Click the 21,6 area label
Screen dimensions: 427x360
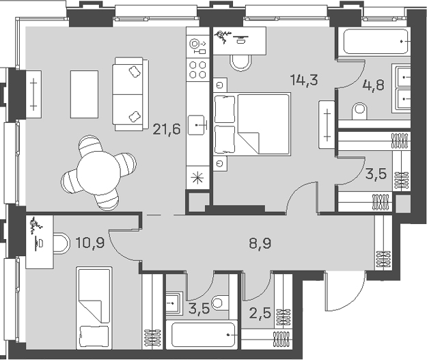(167, 129)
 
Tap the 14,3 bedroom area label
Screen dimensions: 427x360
(304, 80)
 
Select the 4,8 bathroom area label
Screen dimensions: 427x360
(373, 85)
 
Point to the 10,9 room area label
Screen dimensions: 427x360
(90, 243)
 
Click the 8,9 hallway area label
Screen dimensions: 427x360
(260, 243)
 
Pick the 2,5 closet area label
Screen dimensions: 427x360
(260, 313)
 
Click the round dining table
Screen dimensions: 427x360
(98, 173)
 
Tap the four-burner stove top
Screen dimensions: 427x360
(197, 70)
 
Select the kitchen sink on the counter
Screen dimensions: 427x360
(196, 125)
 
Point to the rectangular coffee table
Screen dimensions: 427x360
(84, 94)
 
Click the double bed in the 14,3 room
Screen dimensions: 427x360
(252, 124)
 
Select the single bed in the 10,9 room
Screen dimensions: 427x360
(94, 308)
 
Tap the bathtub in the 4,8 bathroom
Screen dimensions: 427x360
(376, 42)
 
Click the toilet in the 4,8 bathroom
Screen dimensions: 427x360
(359, 111)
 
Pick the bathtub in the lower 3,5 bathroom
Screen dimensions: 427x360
(203, 335)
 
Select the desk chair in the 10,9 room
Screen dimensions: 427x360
(60, 243)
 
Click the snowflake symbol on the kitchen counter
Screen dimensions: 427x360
(197, 178)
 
